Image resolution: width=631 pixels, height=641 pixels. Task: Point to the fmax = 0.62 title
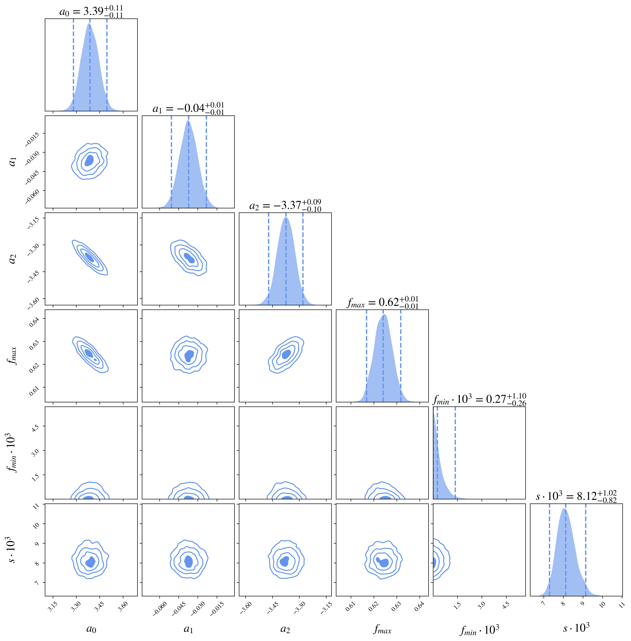click(382, 302)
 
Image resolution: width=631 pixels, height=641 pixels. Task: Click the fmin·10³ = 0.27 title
click(480, 400)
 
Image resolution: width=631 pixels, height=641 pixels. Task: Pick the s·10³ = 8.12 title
click(576, 497)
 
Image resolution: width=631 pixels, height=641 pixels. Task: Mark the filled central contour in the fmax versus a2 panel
click(286, 354)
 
